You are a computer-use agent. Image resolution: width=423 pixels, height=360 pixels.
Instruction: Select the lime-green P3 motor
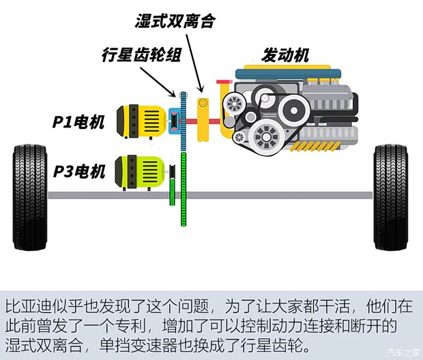(x=140, y=171)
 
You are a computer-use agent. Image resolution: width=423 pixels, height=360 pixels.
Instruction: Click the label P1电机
(x=79, y=123)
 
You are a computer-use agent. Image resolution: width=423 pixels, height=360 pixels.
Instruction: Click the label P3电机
(x=79, y=172)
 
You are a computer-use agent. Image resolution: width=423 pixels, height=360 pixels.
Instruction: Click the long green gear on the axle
(x=183, y=194)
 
